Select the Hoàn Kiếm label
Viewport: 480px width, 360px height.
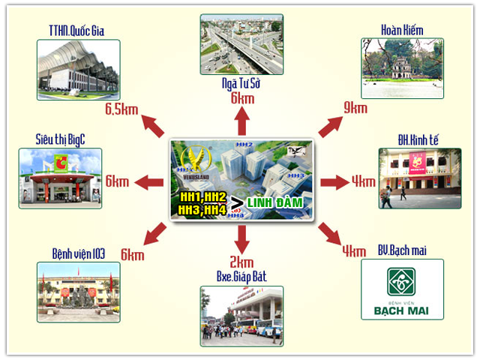[402, 31]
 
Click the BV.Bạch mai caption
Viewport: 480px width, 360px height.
[402, 250]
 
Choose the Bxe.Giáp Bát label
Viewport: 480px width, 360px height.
[240, 277]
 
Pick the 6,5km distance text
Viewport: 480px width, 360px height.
[122, 111]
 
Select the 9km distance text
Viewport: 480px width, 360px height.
[355, 108]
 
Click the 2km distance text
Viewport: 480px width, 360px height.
[241, 262]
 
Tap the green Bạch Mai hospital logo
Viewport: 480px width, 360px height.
[402, 282]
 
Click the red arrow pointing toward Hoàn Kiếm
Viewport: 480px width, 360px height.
[330, 126]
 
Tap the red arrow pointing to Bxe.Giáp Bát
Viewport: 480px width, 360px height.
[241, 238]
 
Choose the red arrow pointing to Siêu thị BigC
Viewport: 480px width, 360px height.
[153, 181]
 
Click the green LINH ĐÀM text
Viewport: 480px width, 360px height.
[274, 204]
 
